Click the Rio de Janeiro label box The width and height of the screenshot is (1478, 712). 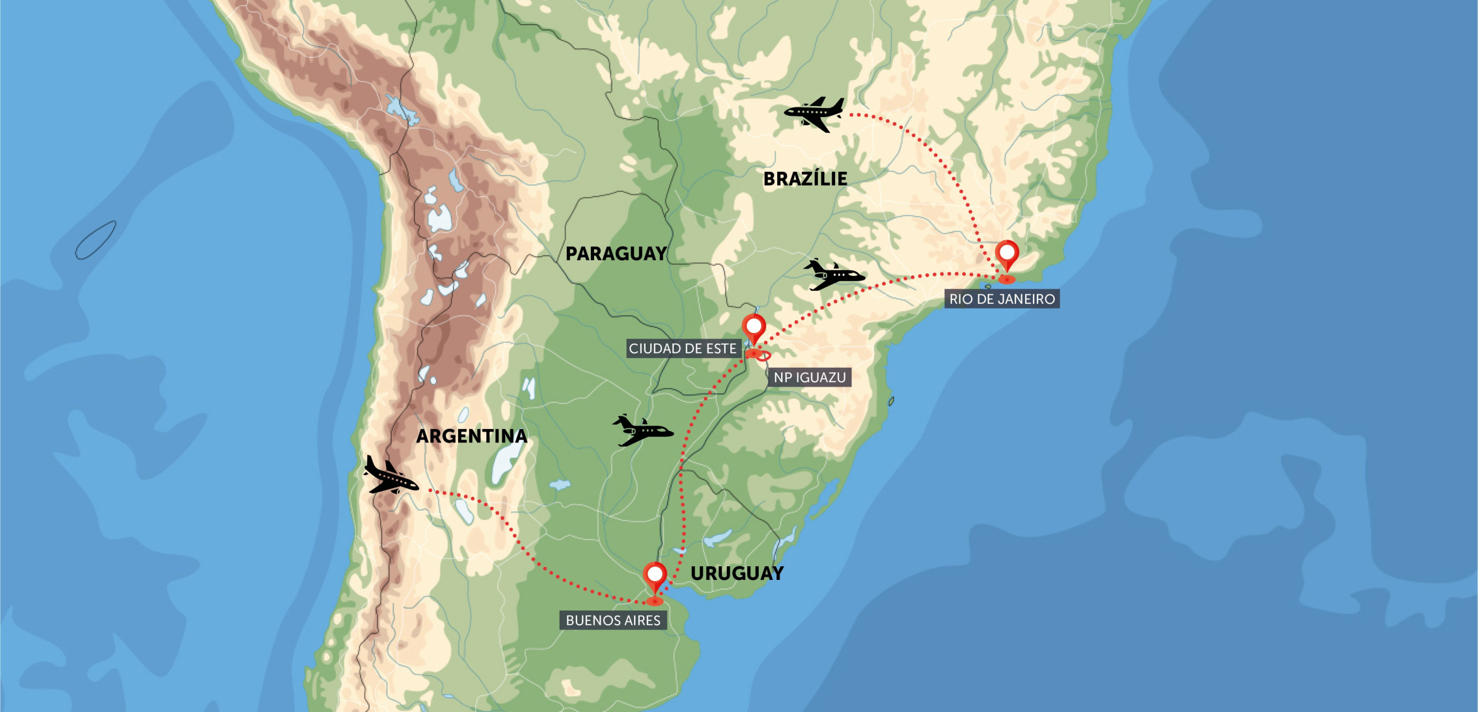click(1002, 299)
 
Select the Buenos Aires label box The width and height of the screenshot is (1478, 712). click(612, 620)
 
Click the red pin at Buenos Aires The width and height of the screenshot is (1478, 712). click(655, 576)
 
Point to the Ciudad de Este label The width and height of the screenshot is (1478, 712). click(682, 349)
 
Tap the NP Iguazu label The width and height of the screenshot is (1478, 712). click(809, 377)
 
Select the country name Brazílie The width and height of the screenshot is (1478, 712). click(805, 179)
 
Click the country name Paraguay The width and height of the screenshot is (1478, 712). click(616, 254)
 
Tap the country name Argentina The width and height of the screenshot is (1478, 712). click(472, 436)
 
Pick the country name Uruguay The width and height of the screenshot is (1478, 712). click(737, 573)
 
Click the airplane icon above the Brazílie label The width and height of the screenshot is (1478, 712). click(814, 113)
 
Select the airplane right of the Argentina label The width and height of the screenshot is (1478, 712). click(642, 430)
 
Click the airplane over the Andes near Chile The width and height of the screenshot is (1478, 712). click(390, 476)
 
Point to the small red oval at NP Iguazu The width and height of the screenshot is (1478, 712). click(763, 356)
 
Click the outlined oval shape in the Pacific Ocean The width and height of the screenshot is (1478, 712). click(96, 240)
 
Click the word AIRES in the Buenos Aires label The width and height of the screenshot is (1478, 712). click(642, 620)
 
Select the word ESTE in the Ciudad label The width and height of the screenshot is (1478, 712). click(721, 349)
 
